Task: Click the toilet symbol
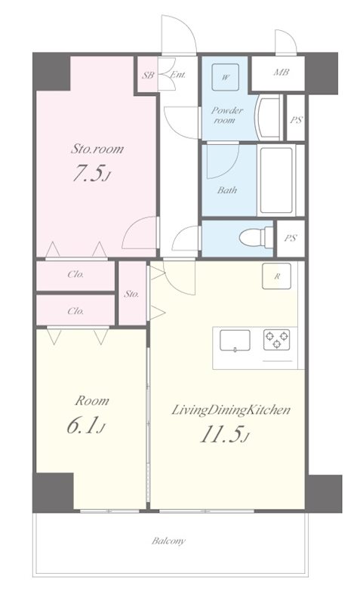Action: [256, 237]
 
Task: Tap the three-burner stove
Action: [276, 341]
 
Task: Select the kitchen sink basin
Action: [235, 341]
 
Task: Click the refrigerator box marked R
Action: [276, 276]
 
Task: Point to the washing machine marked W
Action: [225, 77]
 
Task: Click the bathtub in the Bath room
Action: [276, 180]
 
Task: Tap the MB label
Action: [282, 72]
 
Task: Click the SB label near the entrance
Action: [148, 75]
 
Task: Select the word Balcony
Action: [168, 541]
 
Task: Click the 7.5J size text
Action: [91, 174]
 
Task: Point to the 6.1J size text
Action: [86, 426]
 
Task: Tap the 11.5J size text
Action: [223, 435]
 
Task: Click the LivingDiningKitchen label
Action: [230, 410]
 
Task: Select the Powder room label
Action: [226, 116]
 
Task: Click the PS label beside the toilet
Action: [291, 238]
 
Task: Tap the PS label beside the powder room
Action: [296, 120]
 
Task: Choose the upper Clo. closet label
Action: [76, 275]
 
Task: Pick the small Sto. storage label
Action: [131, 294]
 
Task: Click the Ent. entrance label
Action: [178, 75]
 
